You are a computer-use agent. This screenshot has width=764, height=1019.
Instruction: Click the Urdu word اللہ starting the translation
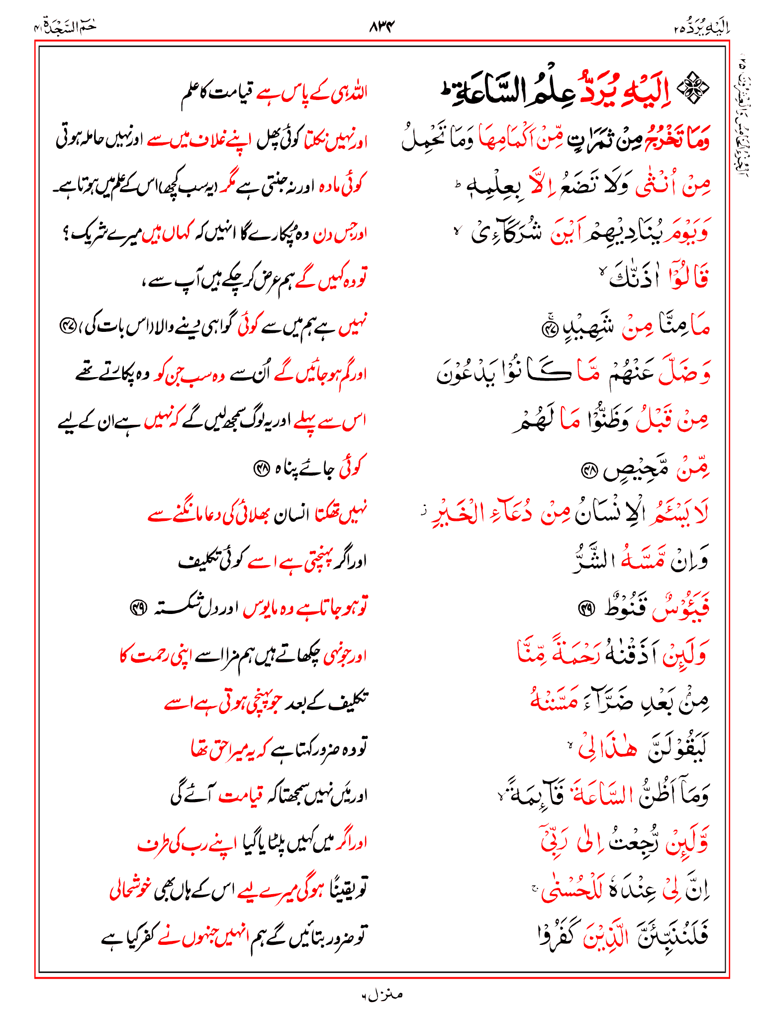356,93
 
